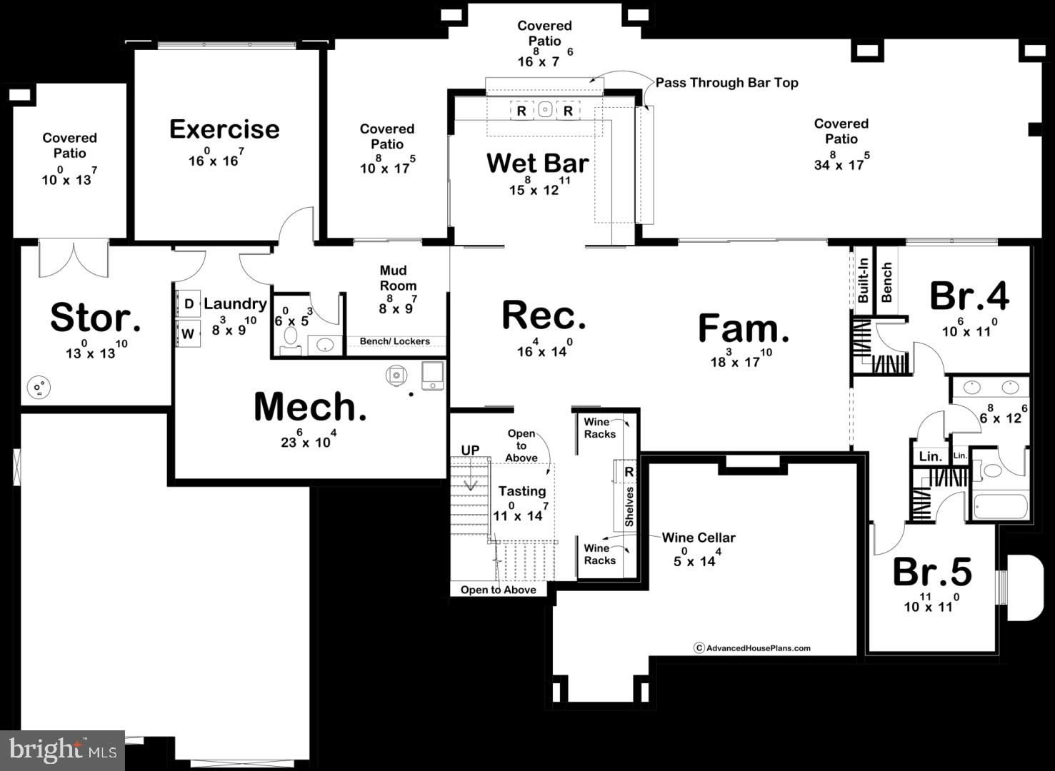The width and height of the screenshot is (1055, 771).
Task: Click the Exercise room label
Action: tap(224, 129)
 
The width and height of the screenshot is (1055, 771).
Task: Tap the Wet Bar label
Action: tap(537, 163)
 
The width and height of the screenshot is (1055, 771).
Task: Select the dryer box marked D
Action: tap(189, 304)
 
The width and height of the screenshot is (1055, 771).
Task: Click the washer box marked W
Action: tap(188, 333)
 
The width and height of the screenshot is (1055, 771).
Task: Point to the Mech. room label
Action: tap(310, 407)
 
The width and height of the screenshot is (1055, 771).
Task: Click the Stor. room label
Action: tap(95, 318)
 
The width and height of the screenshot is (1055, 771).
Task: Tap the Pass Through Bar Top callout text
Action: tap(726, 83)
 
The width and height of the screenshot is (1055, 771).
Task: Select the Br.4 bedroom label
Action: tap(969, 296)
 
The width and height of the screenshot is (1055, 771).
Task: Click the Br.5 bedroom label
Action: tap(932, 572)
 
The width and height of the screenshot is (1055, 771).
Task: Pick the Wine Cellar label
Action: tap(698, 538)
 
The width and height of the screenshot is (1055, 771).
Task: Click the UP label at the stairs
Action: tap(470, 450)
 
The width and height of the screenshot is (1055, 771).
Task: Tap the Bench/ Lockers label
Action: tap(394, 341)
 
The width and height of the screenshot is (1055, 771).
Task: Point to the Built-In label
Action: tap(863, 281)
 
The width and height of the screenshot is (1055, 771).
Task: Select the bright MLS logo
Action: tap(62, 750)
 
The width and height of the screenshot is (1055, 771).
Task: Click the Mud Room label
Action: tap(398, 278)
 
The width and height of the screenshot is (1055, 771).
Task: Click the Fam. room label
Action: tap(743, 328)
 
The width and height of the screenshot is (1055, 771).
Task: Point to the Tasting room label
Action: tap(521, 491)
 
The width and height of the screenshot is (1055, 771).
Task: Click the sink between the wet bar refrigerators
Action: tap(545, 110)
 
